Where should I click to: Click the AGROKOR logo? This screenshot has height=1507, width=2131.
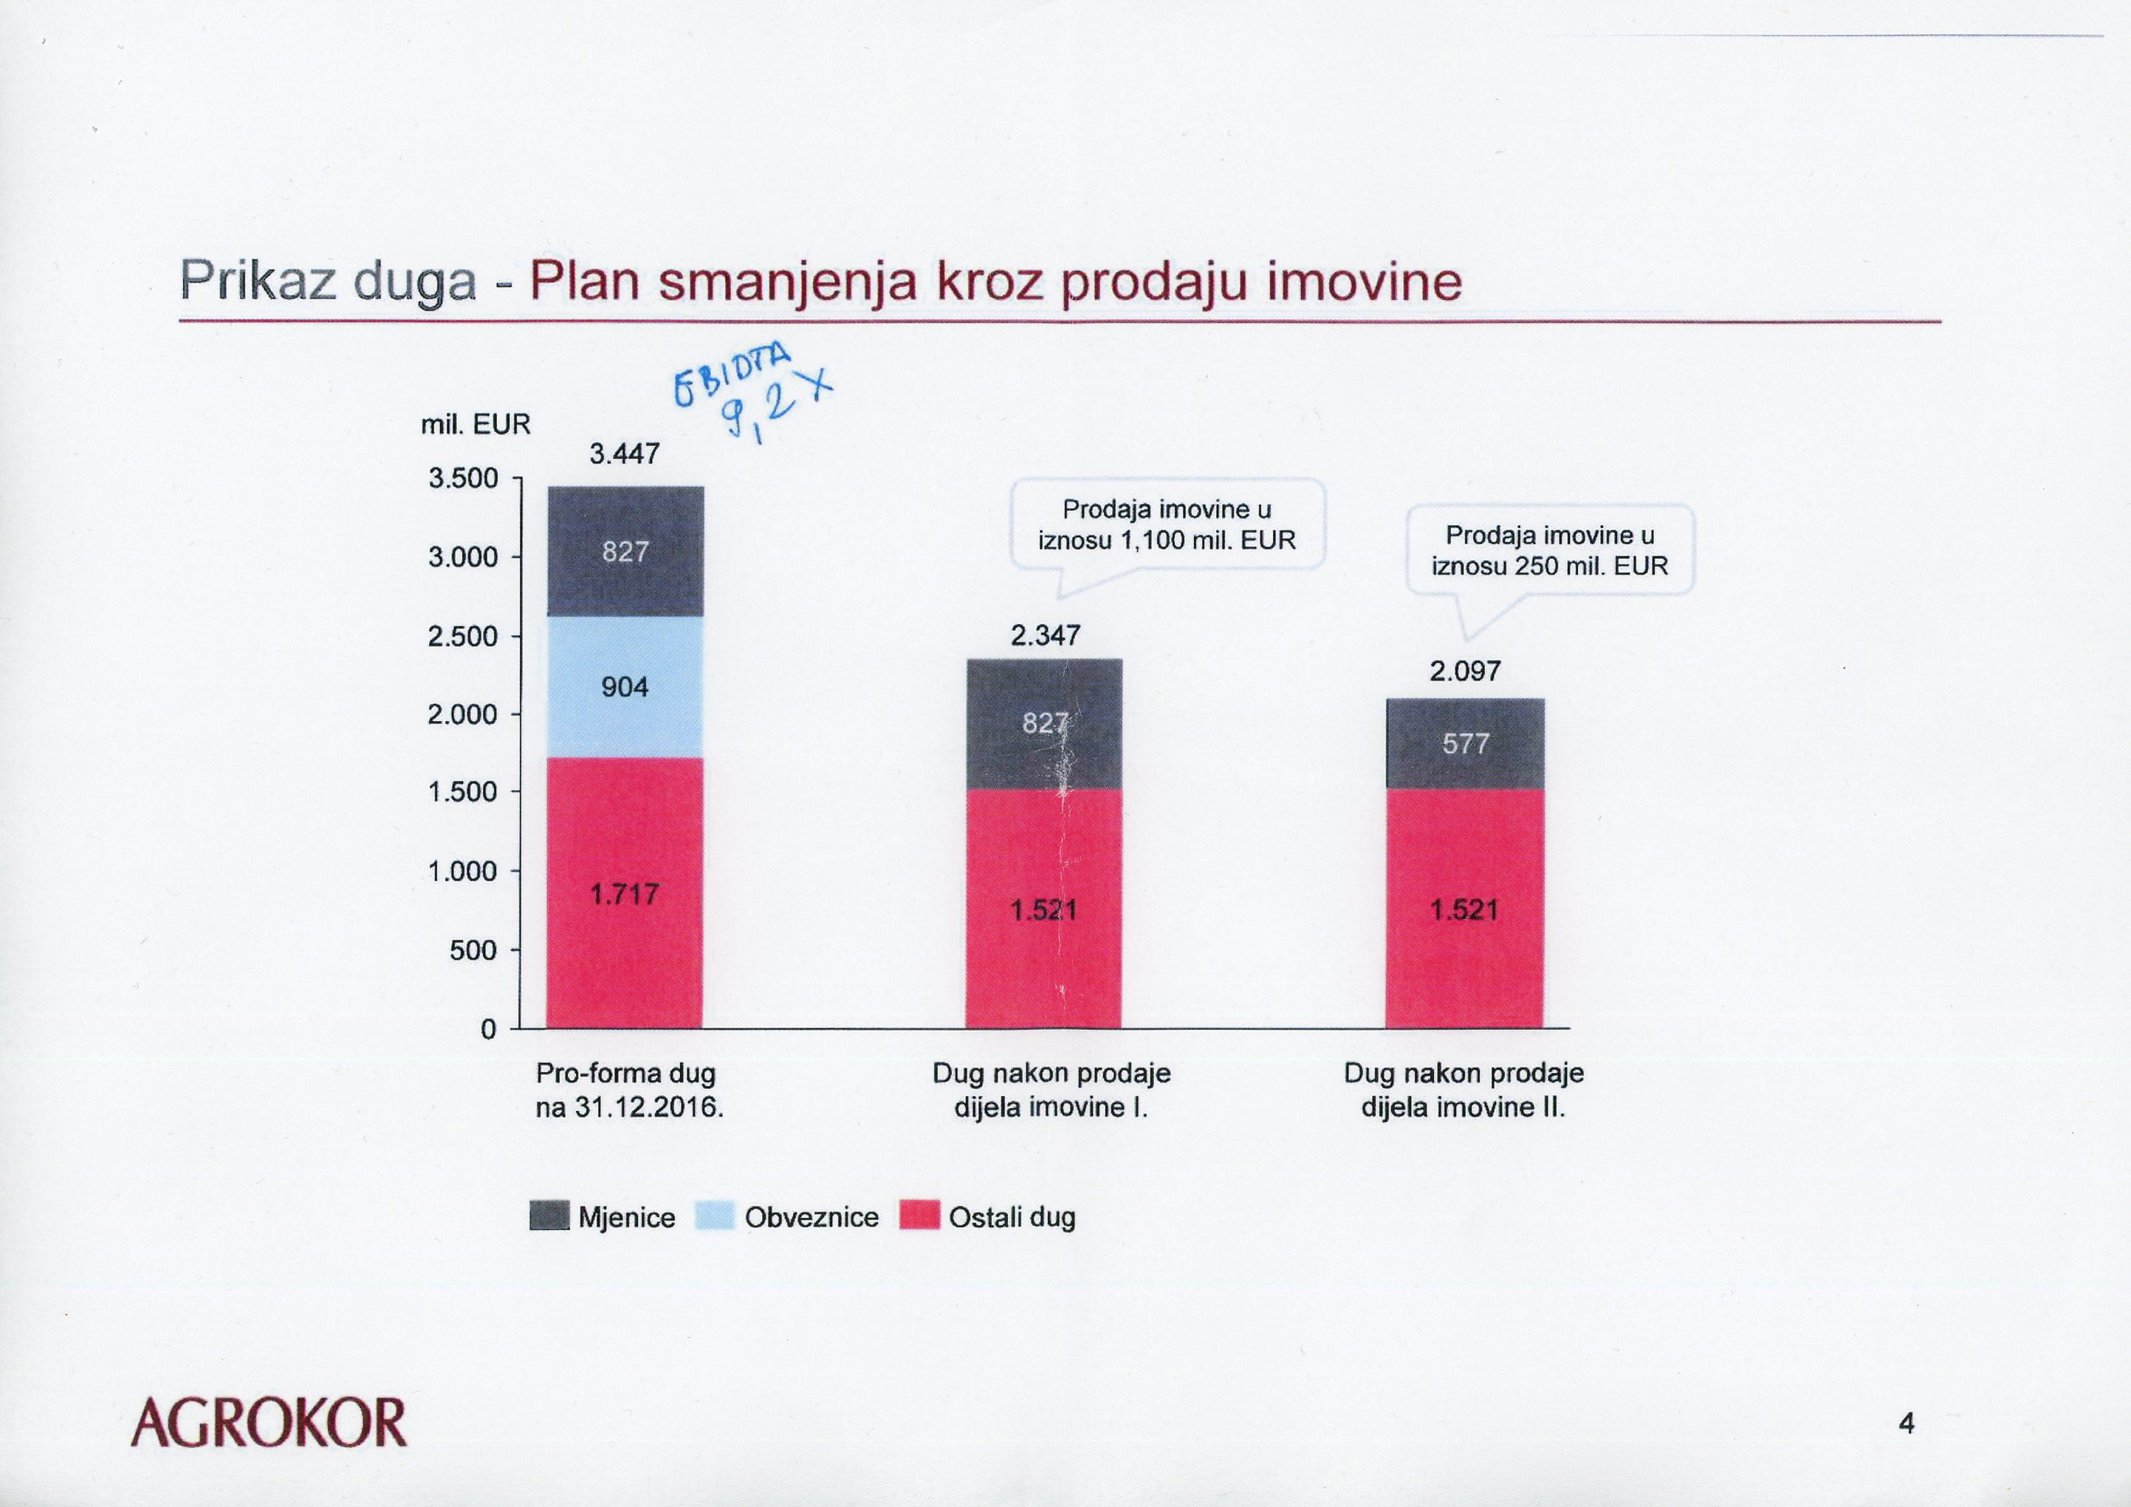point(270,1424)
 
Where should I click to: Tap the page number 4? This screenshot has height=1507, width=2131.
point(1907,1424)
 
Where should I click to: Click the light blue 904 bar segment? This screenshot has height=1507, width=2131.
point(625,687)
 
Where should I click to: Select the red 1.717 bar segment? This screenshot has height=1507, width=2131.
point(625,893)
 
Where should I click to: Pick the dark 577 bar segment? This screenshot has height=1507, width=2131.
point(1464,744)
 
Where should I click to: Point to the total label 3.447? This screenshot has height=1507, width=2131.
point(625,454)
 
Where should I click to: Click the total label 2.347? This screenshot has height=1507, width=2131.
point(1045,636)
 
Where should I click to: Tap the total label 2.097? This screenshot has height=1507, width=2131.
point(1464,671)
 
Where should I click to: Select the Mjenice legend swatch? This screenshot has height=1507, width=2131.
point(549,1217)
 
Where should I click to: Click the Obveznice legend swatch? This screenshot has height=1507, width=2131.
point(715,1217)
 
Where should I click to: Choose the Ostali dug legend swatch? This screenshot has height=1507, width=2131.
point(920,1217)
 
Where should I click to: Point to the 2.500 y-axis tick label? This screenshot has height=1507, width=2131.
point(463,637)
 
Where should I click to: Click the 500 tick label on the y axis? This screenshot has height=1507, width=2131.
point(473,951)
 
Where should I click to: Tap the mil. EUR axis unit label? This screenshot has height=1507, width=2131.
point(476,426)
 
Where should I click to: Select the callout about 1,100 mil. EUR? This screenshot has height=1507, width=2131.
point(1167,524)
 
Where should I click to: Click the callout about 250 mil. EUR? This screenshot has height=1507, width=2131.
point(1549,550)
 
